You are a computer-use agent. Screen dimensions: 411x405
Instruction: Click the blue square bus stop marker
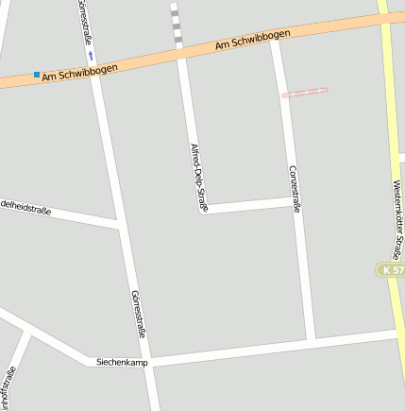pyautogui.click(x=37, y=75)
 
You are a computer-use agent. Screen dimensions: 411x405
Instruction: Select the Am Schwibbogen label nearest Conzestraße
pyautogui.click(x=252, y=39)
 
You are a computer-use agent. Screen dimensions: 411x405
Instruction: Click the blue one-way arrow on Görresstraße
pyautogui.click(x=91, y=55)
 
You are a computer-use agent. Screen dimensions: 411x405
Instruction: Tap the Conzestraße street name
pyautogui.click(x=294, y=188)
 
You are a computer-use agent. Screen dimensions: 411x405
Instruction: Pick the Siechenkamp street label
pyautogui.click(x=123, y=362)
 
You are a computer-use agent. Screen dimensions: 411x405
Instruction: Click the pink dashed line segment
pyautogui.click(x=304, y=93)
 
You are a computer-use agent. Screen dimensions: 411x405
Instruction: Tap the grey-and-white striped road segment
pyautogui.click(x=176, y=26)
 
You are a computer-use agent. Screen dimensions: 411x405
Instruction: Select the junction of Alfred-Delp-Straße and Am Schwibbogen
pyautogui.click(x=181, y=53)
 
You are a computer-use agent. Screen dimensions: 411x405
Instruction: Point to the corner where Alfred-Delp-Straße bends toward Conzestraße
pyautogui.click(x=203, y=208)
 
